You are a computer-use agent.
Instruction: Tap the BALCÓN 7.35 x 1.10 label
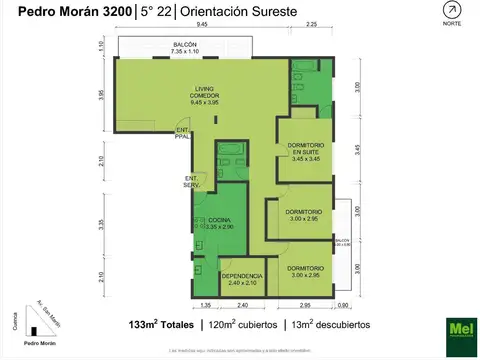tap(184, 49)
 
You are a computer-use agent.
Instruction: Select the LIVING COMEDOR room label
tap(204, 97)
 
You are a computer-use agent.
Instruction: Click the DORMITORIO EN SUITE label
tap(302, 151)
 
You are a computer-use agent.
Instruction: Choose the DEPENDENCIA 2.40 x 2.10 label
tap(241, 279)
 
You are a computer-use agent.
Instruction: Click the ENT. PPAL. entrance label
tap(183, 134)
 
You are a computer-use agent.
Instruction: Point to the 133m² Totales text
tap(162, 325)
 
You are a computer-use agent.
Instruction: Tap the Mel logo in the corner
tap(459, 331)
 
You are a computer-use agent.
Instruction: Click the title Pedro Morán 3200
tap(65, 10)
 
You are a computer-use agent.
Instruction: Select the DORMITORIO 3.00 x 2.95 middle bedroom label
tap(302, 216)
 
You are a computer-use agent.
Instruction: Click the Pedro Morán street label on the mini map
tap(45, 343)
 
